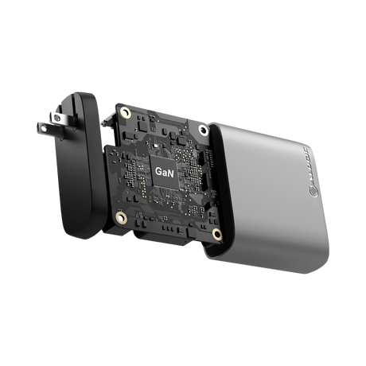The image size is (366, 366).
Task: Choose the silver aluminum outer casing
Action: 271,191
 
